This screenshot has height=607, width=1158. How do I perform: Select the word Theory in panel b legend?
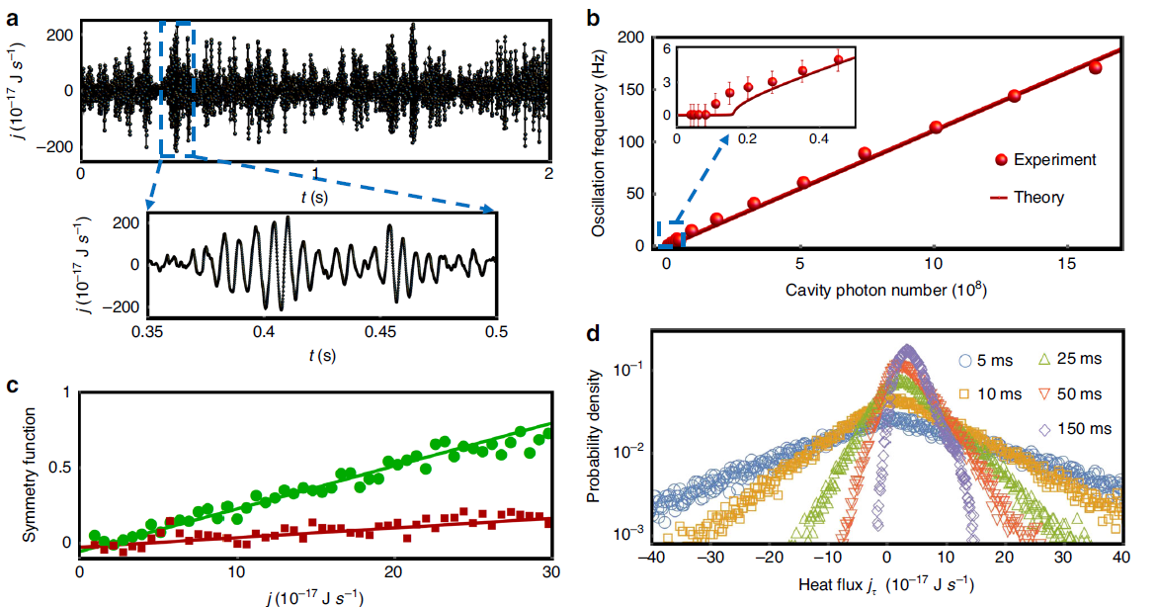coord(1038,197)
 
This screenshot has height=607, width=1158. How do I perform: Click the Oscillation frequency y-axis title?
coord(599,144)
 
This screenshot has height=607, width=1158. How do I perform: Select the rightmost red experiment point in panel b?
coord(1095,67)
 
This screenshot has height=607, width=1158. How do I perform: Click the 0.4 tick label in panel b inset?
coord(818,139)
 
